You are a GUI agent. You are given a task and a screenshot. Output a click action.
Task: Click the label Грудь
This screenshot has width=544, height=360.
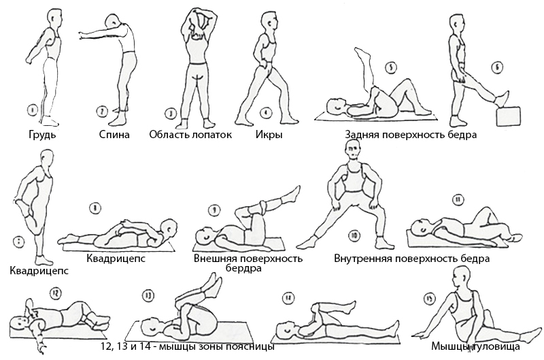click(41, 134)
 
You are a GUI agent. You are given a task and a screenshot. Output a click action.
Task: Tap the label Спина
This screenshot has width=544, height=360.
click(112, 134)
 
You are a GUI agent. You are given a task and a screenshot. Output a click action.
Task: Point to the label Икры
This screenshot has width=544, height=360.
click(269, 134)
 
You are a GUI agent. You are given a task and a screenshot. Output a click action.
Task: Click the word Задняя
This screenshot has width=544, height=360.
click(364, 134)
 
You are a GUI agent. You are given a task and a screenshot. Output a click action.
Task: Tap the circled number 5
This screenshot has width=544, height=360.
click(390, 67)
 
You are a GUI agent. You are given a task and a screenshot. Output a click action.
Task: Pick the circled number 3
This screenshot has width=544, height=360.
click(171, 113)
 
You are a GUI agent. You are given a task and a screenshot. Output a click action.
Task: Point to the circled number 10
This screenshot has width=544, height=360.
click(354, 236)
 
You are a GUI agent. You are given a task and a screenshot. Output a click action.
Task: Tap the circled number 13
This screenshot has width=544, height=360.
click(148, 295)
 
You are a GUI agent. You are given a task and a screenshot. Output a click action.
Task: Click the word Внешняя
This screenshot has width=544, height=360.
click(216, 258)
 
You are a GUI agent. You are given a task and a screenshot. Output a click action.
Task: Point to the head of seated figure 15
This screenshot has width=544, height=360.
click(463, 278)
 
